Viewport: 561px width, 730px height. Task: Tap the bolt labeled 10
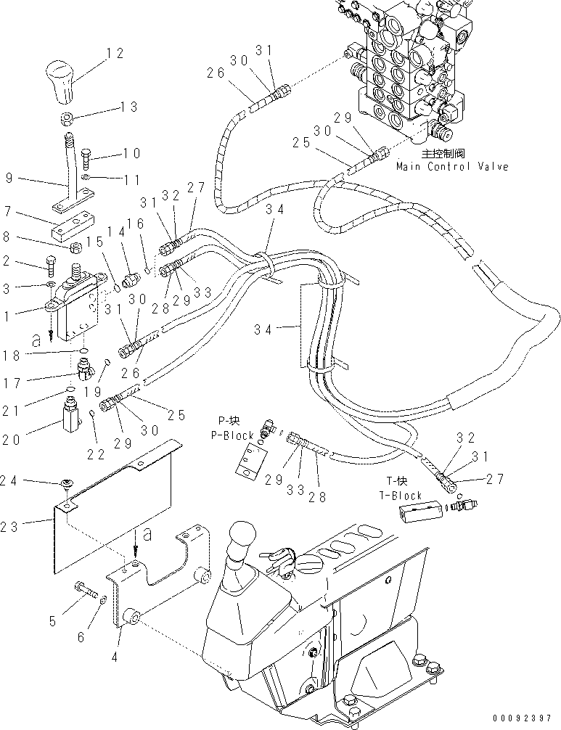click(88, 157)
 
